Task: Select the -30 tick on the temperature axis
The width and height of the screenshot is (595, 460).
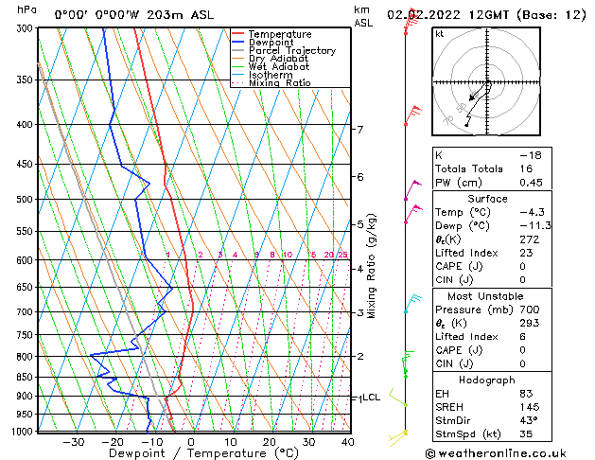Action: pos(73,442)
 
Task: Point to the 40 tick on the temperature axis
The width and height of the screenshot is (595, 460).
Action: pos(347,442)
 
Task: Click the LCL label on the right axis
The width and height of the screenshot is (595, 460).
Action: pos(371,398)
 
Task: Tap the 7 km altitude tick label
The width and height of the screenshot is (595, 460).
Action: pos(359,130)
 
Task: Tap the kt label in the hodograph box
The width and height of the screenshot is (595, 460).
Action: pos(439,33)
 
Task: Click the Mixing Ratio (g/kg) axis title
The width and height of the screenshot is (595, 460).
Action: pos(372,266)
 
